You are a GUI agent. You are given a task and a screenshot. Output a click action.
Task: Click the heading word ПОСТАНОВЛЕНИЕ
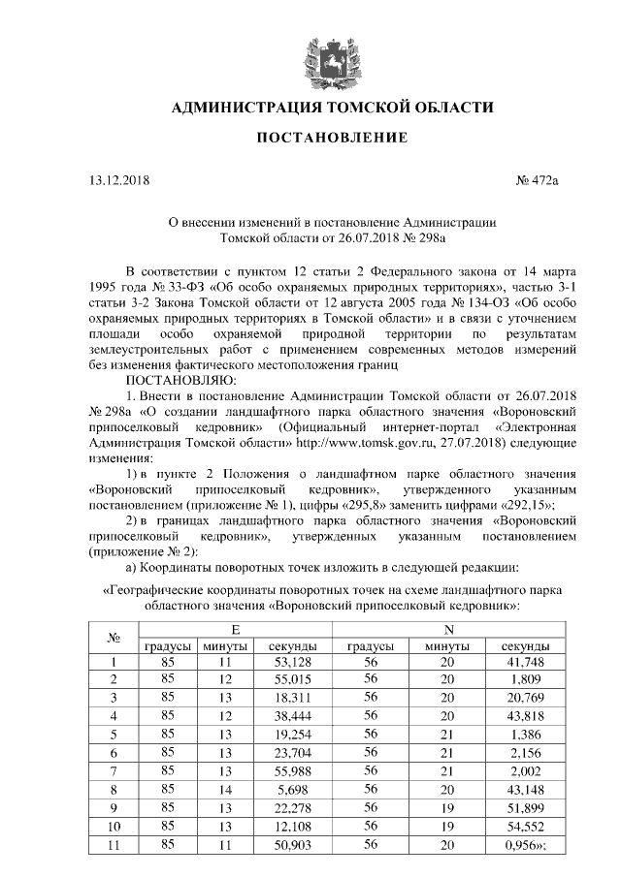pos(331,140)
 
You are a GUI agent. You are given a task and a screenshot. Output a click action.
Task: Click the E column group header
pos(235,630)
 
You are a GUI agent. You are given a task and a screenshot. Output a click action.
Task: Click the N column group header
pos(447,630)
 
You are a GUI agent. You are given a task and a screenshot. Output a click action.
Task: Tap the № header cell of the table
pos(113,639)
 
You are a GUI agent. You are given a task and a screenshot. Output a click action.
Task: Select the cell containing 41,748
pos(525,663)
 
